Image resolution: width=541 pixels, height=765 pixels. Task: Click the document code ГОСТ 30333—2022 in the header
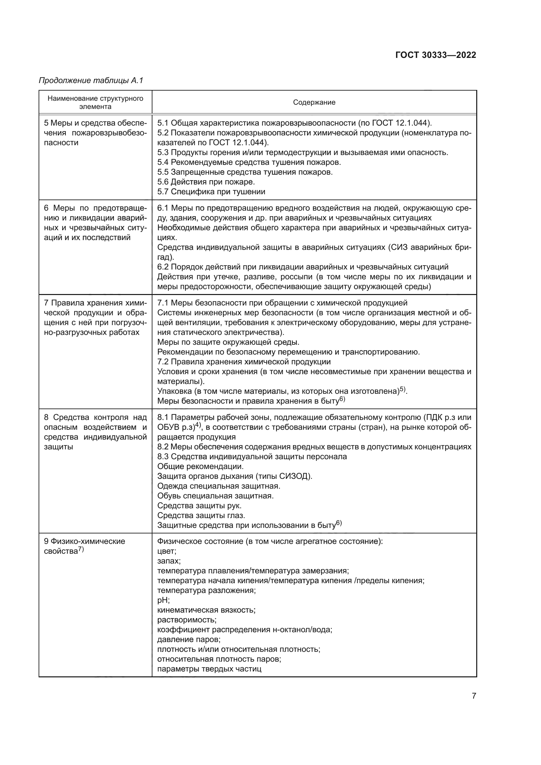pos(435,55)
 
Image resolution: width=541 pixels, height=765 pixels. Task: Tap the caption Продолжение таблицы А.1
pos(91,80)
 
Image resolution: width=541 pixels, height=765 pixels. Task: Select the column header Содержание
pos(314,102)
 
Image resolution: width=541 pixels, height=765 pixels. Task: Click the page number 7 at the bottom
pos(474,696)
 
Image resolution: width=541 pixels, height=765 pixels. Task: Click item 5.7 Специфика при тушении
pos(211,192)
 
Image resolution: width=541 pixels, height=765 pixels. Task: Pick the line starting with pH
pos(163,600)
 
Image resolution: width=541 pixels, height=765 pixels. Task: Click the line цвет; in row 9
pos(166,551)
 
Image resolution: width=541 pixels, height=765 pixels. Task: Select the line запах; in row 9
pos(168,561)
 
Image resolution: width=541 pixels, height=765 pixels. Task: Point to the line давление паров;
pos(188,639)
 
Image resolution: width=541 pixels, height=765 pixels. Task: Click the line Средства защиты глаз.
pos(201,515)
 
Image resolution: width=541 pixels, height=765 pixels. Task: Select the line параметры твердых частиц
pos(209,669)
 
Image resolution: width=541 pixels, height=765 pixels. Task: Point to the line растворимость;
pos(186,620)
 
